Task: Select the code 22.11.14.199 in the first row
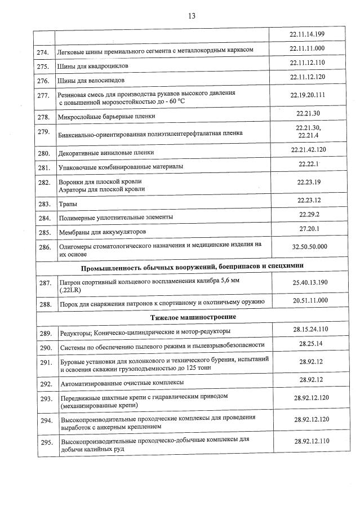coord(307,35)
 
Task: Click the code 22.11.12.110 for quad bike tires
coord(308,63)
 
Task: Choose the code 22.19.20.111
coord(308,95)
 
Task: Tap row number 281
coord(44,168)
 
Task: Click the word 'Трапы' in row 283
coord(68,204)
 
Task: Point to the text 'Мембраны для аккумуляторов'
coord(103,232)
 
